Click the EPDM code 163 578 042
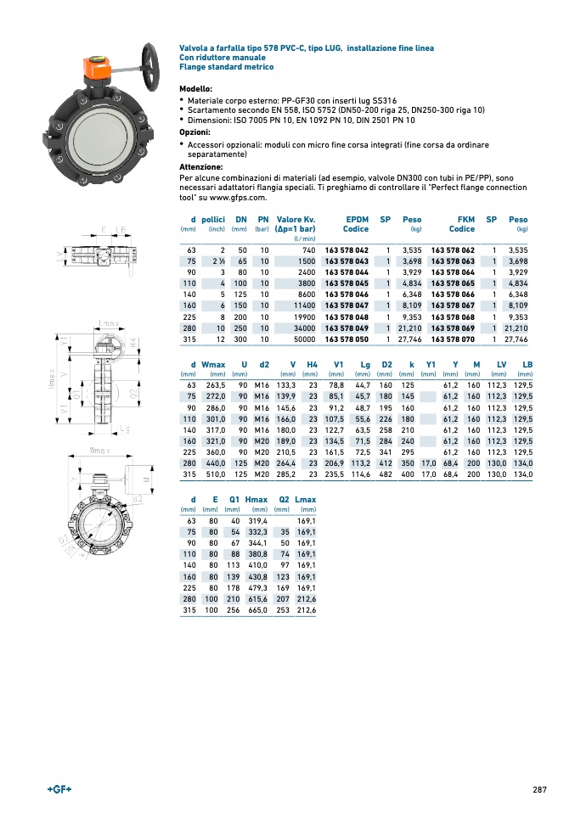click(347, 250)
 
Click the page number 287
click(539, 789)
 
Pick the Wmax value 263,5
click(213, 384)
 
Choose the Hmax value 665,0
click(257, 610)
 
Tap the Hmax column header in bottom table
click(256, 499)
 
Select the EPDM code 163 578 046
click(347, 294)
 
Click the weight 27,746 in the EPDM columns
click(409, 339)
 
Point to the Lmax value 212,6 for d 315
click(306, 610)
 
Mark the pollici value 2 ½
click(218, 261)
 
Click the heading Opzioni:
click(194, 132)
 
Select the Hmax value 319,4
click(257, 521)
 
